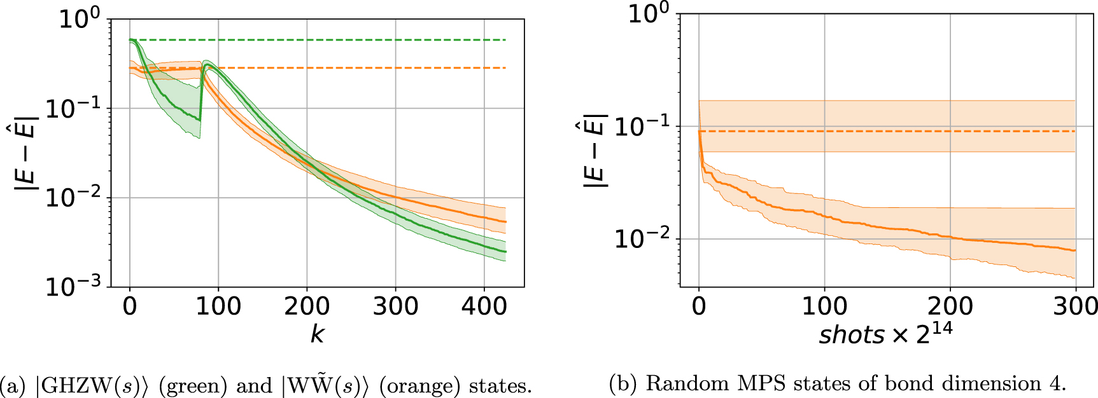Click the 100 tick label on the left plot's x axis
[x=218, y=306]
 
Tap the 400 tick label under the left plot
[x=484, y=306]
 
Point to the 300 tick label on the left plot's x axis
[x=395, y=306]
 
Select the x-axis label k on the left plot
[x=316, y=334]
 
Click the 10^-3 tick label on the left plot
[x=73, y=287]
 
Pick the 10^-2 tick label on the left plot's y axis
[x=73, y=198]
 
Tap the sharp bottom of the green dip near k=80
[x=200, y=137]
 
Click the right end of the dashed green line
[x=505, y=40]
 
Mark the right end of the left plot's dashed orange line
[x=505, y=68]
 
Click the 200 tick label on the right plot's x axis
[x=950, y=306]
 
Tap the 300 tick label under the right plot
[x=1075, y=306]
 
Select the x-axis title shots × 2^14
[x=885, y=333]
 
